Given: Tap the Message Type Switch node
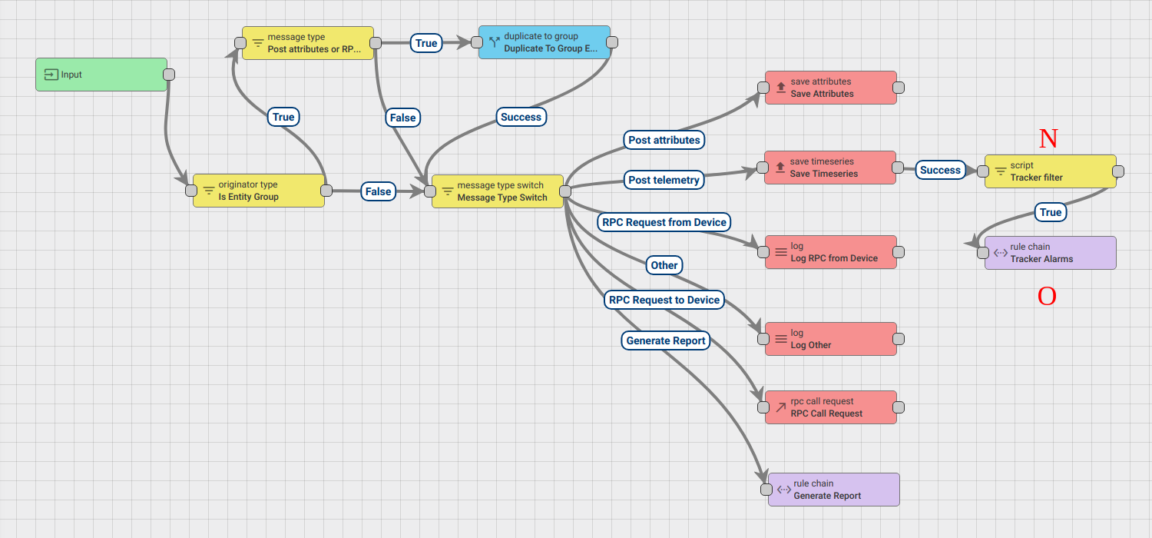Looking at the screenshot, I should pos(498,191).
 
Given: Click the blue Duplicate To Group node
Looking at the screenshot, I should pos(545,42).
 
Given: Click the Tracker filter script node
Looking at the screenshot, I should pos(1051,171).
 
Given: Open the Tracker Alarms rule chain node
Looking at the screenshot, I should pos(1051,253).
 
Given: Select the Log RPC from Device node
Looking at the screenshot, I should pos(831,252).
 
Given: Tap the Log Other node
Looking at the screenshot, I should pos(831,339).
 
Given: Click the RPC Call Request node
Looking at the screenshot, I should pos(831,407).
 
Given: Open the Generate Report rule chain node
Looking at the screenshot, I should pos(834,490).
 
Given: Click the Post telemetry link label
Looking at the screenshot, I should pos(664,180).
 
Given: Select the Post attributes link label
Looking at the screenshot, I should pos(664,140).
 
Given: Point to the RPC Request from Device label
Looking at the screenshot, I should pos(664,222).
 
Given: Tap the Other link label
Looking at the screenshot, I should pos(664,265).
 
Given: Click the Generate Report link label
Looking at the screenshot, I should pos(666,340).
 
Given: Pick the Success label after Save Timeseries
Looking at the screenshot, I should pos(940,170).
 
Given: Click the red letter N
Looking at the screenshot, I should pos(1048,138).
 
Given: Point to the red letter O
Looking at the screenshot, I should pos(1047,297).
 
